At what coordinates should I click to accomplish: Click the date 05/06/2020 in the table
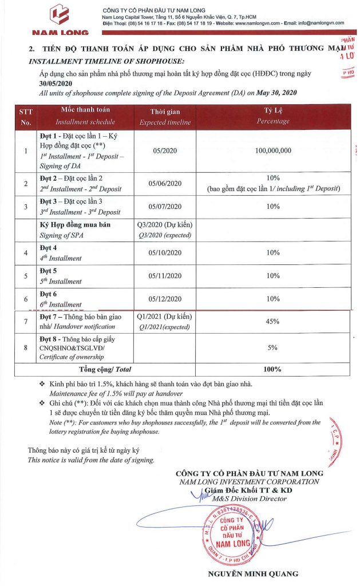tap(165, 184)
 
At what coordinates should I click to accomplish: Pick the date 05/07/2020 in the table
tap(165, 207)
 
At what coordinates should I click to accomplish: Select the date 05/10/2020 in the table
tap(165, 252)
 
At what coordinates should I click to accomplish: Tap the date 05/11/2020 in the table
tap(165, 276)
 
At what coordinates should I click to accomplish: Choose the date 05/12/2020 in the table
tap(165, 299)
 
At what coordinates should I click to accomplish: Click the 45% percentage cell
tap(272, 322)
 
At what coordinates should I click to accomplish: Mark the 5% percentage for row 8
tap(272, 347)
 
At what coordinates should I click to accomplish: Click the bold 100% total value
tap(272, 370)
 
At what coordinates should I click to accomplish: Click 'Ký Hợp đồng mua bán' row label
tap(75, 225)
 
